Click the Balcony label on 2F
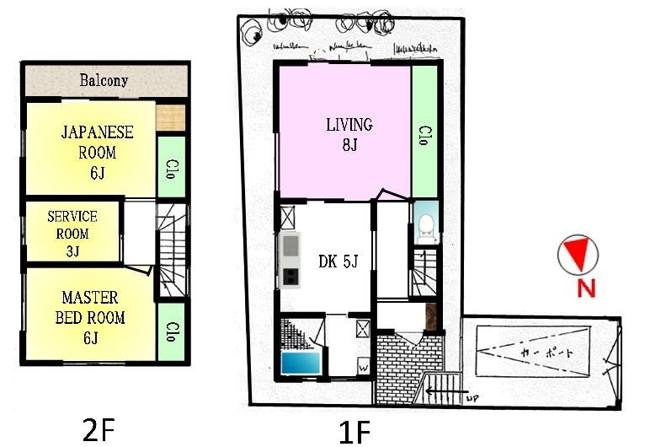(104, 81)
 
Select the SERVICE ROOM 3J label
(72, 234)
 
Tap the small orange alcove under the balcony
(171, 115)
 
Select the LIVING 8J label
(349, 133)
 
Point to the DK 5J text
(338, 262)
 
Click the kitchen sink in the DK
(291, 246)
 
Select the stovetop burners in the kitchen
(291, 276)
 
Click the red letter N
(586, 288)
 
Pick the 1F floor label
(354, 432)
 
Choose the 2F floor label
(99, 430)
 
